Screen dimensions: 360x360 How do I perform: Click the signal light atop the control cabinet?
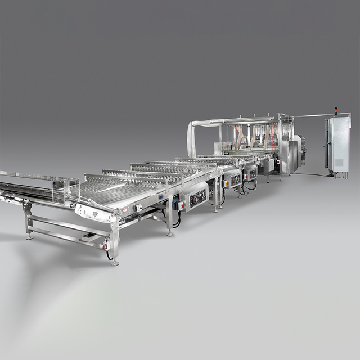336,112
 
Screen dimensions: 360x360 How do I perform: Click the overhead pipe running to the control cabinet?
312,116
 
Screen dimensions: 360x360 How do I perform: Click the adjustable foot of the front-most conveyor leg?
115,262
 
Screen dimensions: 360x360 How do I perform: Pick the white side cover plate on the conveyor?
95,213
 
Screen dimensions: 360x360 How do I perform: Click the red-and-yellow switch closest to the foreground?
181,205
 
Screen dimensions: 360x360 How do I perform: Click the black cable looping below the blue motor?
177,220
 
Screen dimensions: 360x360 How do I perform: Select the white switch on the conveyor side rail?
137,208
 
